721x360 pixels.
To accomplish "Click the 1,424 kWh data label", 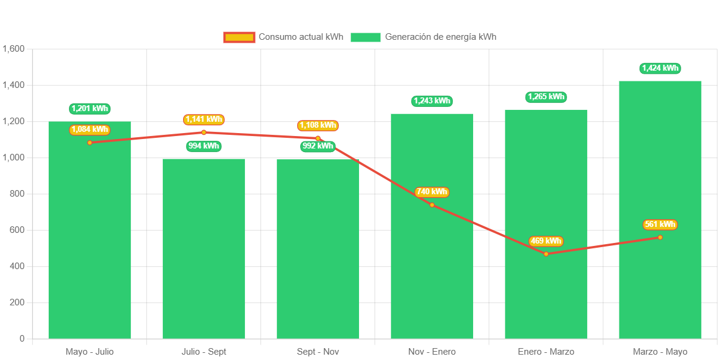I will point(660,68).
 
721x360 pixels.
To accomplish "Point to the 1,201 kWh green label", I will point(90,109).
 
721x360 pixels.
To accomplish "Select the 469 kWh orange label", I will point(546,241).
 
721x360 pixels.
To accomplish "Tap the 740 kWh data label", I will point(432,192).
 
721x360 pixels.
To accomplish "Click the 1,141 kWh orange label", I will point(204,119).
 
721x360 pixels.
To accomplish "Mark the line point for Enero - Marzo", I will point(546,254).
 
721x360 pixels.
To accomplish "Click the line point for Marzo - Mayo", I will point(660,237).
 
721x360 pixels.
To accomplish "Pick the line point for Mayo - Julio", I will point(90,143).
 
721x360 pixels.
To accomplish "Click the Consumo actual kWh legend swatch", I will point(239,37).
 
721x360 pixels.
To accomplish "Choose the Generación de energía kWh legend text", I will point(440,37).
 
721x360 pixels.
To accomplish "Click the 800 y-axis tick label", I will point(17,194).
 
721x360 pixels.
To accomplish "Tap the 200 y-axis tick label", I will point(17,302).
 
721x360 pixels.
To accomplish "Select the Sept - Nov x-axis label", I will point(317,352).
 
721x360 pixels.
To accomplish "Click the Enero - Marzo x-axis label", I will point(546,352).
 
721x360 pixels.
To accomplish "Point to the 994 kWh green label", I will point(204,146).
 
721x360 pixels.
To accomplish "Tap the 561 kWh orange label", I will point(660,225).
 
